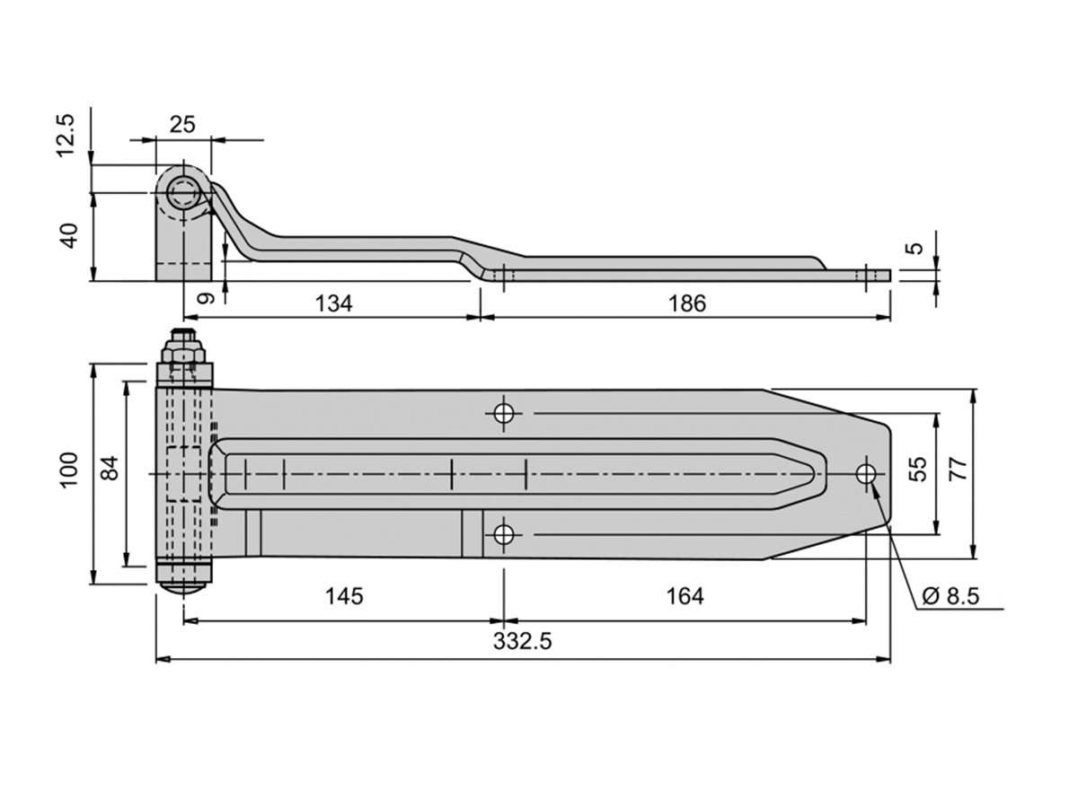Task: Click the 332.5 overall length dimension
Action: coord(522,641)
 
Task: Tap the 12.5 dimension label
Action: coord(66,136)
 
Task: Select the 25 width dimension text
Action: coord(182,125)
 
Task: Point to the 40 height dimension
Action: coord(71,236)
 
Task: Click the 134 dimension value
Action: coord(333,303)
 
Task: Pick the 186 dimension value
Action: coord(687,303)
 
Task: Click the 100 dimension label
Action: coord(69,470)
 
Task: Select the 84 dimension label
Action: coord(111,468)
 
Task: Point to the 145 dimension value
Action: coord(344,596)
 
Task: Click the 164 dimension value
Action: coord(685,596)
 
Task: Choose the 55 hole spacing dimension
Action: coord(917,469)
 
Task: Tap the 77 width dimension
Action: coord(959,469)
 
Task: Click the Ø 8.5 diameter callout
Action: coord(950,596)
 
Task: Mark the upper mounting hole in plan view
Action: coord(503,413)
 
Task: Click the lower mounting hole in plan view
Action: coord(503,535)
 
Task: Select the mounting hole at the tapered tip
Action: coord(866,474)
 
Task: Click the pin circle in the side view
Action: coord(182,193)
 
